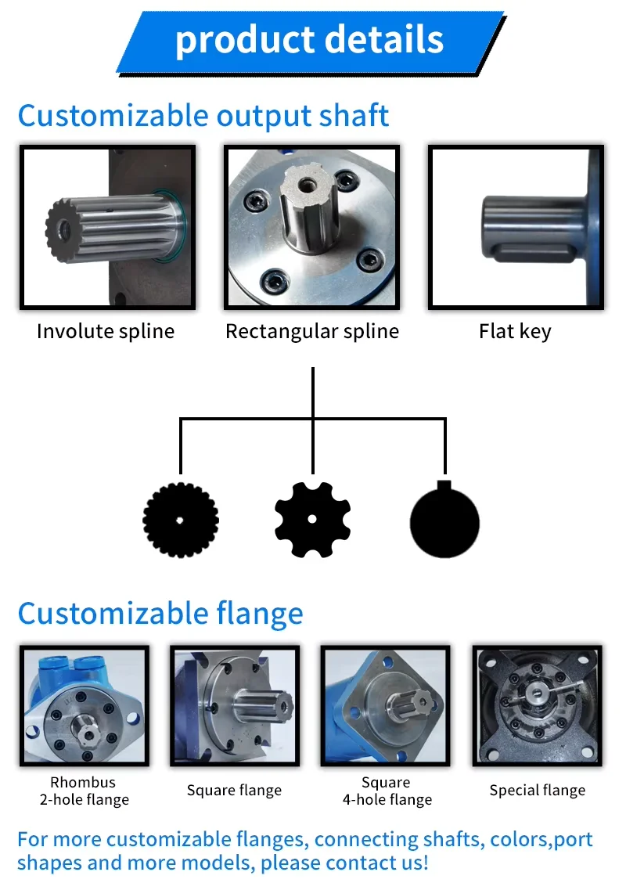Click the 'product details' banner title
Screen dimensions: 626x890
point(309,40)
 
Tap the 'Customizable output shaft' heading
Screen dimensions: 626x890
point(203,116)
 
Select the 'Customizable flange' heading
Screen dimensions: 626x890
point(160,614)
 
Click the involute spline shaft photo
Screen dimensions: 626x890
point(107,227)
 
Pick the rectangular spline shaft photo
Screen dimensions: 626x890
point(311,227)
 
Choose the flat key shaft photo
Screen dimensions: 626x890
point(516,227)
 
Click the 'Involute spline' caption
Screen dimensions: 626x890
point(106,331)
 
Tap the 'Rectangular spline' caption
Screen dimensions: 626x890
point(312,331)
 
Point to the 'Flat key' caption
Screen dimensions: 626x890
point(515,331)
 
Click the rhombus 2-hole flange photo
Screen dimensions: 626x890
point(85,705)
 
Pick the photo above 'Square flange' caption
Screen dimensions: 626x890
point(235,705)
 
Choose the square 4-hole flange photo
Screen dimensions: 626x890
point(385,705)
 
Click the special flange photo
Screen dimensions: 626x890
point(538,705)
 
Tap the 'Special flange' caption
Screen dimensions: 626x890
point(538,790)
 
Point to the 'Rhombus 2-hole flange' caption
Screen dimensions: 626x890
point(84,791)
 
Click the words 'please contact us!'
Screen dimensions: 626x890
point(344,863)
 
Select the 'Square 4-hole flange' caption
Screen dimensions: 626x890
point(387,791)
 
